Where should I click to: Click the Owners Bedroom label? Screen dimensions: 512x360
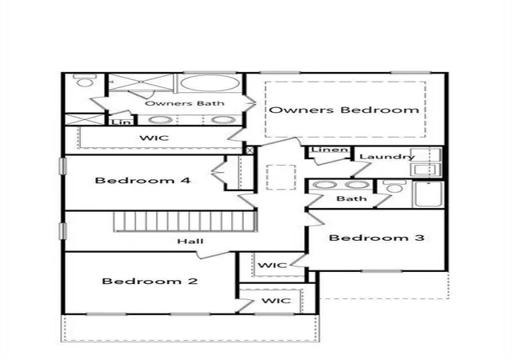click(x=344, y=110)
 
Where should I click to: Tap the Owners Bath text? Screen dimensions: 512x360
click(x=185, y=103)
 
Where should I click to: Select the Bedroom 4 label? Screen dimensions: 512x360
click(x=142, y=180)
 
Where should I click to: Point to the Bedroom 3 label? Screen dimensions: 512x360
click(x=377, y=238)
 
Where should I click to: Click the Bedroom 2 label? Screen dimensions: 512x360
click(x=150, y=281)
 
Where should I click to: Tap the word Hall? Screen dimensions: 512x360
click(x=190, y=242)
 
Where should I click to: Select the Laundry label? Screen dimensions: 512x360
click(x=387, y=157)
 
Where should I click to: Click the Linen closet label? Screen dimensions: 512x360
click(x=330, y=150)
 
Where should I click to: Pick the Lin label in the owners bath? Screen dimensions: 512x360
click(x=122, y=122)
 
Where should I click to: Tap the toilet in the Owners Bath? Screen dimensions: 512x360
click(x=85, y=80)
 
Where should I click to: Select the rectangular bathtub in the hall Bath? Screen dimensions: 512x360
click(x=428, y=194)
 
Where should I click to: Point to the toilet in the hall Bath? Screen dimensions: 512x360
click(x=394, y=186)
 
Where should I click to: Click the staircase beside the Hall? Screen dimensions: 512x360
click(x=186, y=222)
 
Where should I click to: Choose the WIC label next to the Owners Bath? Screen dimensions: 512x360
click(x=154, y=138)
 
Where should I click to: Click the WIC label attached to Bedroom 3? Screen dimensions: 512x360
click(x=272, y=265)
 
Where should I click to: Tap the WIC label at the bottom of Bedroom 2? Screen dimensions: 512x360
click(x=276, y=301)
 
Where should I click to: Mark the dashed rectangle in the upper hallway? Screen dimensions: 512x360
click(x=281, y=177)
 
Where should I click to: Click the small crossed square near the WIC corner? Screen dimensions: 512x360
click(x=250, y=150)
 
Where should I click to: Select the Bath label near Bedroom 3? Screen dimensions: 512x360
click(x=351, y=198)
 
